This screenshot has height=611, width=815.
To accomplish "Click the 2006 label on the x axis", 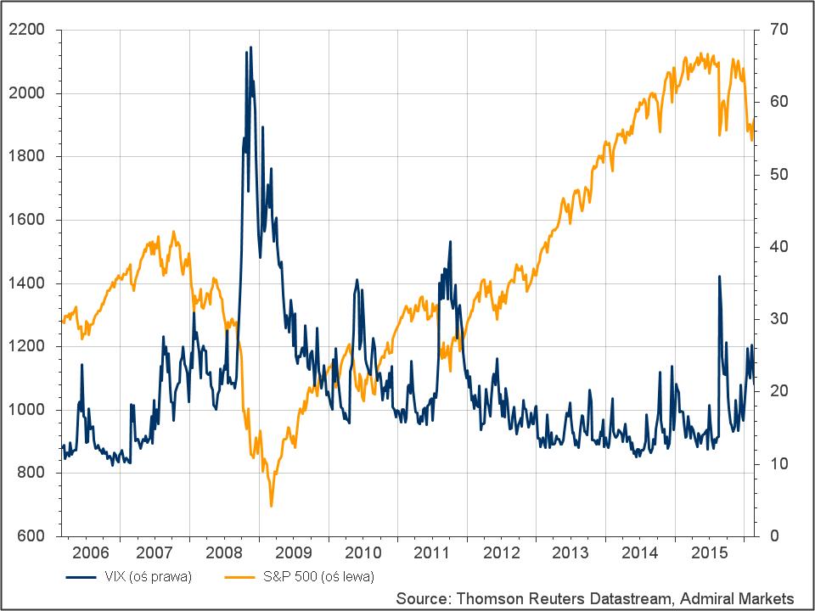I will pos(90,553).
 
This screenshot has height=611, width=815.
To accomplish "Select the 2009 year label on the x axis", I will pos(300,553).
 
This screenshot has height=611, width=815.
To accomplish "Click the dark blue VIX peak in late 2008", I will pos(250,48).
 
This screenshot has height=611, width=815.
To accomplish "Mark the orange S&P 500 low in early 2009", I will pos(272,506).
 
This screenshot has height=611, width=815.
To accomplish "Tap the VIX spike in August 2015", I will pos(719,277).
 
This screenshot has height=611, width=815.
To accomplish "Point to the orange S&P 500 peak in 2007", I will pos(174,232).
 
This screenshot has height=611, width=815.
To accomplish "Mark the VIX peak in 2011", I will pos(450,242).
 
